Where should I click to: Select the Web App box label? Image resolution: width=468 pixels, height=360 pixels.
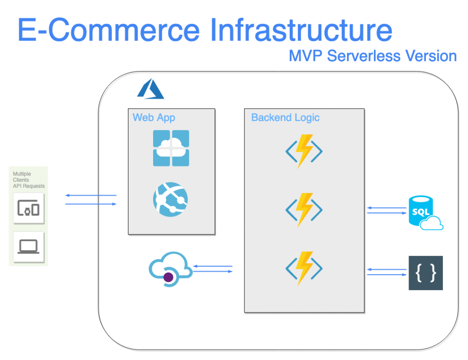[x=154, y=117]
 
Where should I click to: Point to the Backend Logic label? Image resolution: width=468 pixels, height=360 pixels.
[x=285, y=117]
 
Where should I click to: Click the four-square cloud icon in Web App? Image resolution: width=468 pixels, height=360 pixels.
[x=171, y=148]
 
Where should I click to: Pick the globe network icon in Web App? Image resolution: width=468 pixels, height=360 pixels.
[x=170, y=200]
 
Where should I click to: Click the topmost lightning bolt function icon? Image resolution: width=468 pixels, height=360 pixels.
[x=304, y=151]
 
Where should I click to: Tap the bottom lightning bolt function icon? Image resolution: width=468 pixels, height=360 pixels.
[x=304, y=268]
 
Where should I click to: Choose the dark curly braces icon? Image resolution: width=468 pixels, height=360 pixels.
[x=425, y=273]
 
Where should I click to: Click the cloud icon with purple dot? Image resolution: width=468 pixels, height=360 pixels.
[x=170, y=269]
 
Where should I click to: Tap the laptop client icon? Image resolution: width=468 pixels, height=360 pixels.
[x=29, y=247]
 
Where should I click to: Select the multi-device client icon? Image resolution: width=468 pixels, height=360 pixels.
[x=29, y=209]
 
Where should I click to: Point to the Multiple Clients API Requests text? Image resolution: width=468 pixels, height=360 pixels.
[x=28, y=180]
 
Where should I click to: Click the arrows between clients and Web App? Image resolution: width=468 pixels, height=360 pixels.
[x=90, y=199]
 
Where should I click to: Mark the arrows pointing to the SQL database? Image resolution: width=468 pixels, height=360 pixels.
[x=387, y=210]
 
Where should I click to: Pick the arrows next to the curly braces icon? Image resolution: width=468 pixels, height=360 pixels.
[x=387, y=272]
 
